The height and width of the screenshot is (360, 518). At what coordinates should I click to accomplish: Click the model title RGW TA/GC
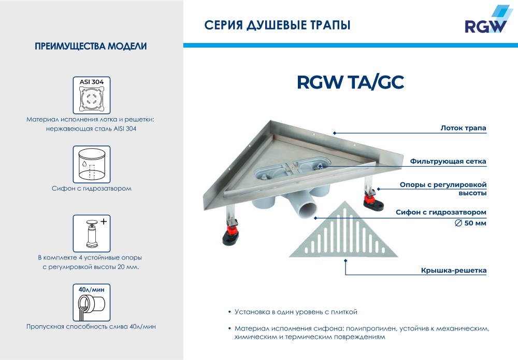coord(350,83)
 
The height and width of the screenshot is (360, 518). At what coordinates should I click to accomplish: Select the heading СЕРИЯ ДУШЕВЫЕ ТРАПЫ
coord(277,25)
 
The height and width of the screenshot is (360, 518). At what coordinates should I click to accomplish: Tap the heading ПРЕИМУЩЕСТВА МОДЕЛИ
coord(91,47)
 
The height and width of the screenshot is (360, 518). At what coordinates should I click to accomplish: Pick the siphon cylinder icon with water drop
coord(91,163)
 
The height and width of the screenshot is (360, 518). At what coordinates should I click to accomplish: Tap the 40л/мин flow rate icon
coord(91,302)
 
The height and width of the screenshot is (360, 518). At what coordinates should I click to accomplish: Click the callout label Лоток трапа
coord(463,127)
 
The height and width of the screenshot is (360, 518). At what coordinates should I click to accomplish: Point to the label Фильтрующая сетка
coord(448,161)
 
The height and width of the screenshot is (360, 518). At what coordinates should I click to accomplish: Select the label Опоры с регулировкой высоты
coord(443,189)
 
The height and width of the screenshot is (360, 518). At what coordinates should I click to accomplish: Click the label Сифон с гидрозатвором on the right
coord(441,212)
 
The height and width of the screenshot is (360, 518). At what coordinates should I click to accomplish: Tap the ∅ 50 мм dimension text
coord(470,224)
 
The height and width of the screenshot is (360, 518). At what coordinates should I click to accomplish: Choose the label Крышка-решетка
coord(453,270)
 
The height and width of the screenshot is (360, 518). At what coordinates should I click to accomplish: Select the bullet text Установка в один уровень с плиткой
coord(296,312)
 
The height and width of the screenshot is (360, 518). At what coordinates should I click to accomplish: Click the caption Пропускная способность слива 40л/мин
coord(91,326)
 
